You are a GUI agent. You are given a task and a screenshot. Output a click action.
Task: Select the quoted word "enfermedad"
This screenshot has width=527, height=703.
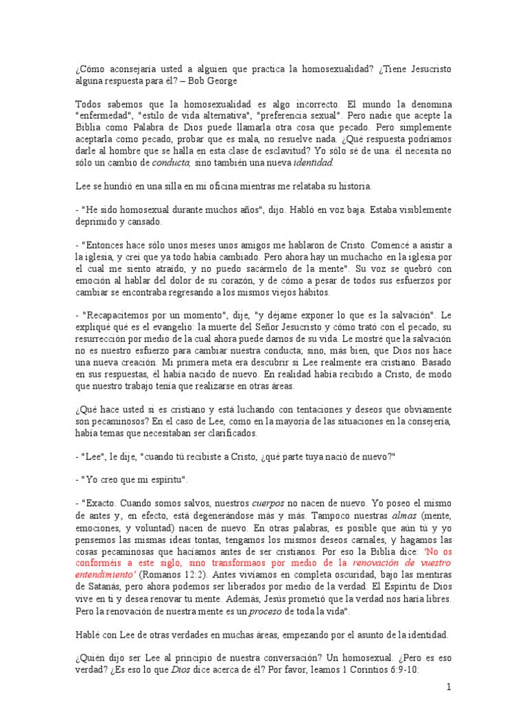click(104, 116)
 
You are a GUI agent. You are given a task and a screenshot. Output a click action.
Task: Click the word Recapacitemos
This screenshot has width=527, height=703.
click(117, 316)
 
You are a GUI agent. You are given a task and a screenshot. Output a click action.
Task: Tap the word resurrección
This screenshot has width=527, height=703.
click(104, 339)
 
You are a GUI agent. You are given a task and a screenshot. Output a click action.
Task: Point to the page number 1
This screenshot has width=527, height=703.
click(449, 687)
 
